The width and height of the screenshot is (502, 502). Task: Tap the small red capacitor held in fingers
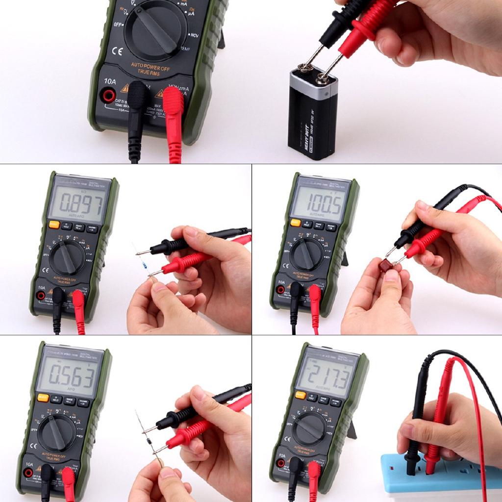(386, 265)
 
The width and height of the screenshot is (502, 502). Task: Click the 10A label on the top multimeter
(110, 82)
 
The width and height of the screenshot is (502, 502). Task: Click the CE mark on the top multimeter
(117, 50)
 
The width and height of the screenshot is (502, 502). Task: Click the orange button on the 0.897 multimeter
(54, 225)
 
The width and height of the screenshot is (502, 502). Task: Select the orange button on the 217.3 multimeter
(300, 395)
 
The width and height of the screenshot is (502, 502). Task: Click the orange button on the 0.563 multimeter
(43, 397)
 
